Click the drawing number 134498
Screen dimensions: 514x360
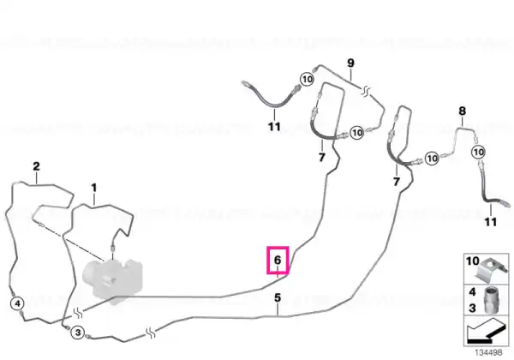(x=488, y=352)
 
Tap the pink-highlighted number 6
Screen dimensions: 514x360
(x=278, y=260)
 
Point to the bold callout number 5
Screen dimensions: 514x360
(x=278, y=297)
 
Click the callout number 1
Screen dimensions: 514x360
(x=94, y=188)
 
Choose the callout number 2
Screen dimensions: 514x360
(x=36, y=166)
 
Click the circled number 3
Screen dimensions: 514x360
(x=78, y=333)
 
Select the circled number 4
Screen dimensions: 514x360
(x=17, y=303)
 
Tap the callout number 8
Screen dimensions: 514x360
(x=463, y=111)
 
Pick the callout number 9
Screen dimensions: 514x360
(x=350, y=63)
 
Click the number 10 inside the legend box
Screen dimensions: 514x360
(x=472, y=261)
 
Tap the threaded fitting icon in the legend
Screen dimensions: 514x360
(x=490, y=300)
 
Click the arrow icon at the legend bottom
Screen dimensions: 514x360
(x=485, y=331)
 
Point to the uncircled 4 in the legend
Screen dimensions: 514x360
(x=472, y=291)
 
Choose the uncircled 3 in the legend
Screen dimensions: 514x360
(x=472, y=308)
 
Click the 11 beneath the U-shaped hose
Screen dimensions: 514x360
(x=274, y=126)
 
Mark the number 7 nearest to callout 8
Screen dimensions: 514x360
(x=397, y=182)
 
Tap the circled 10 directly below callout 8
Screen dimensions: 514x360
(x=479, y=152)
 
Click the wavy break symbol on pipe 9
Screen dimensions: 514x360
(x=366, y=90)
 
